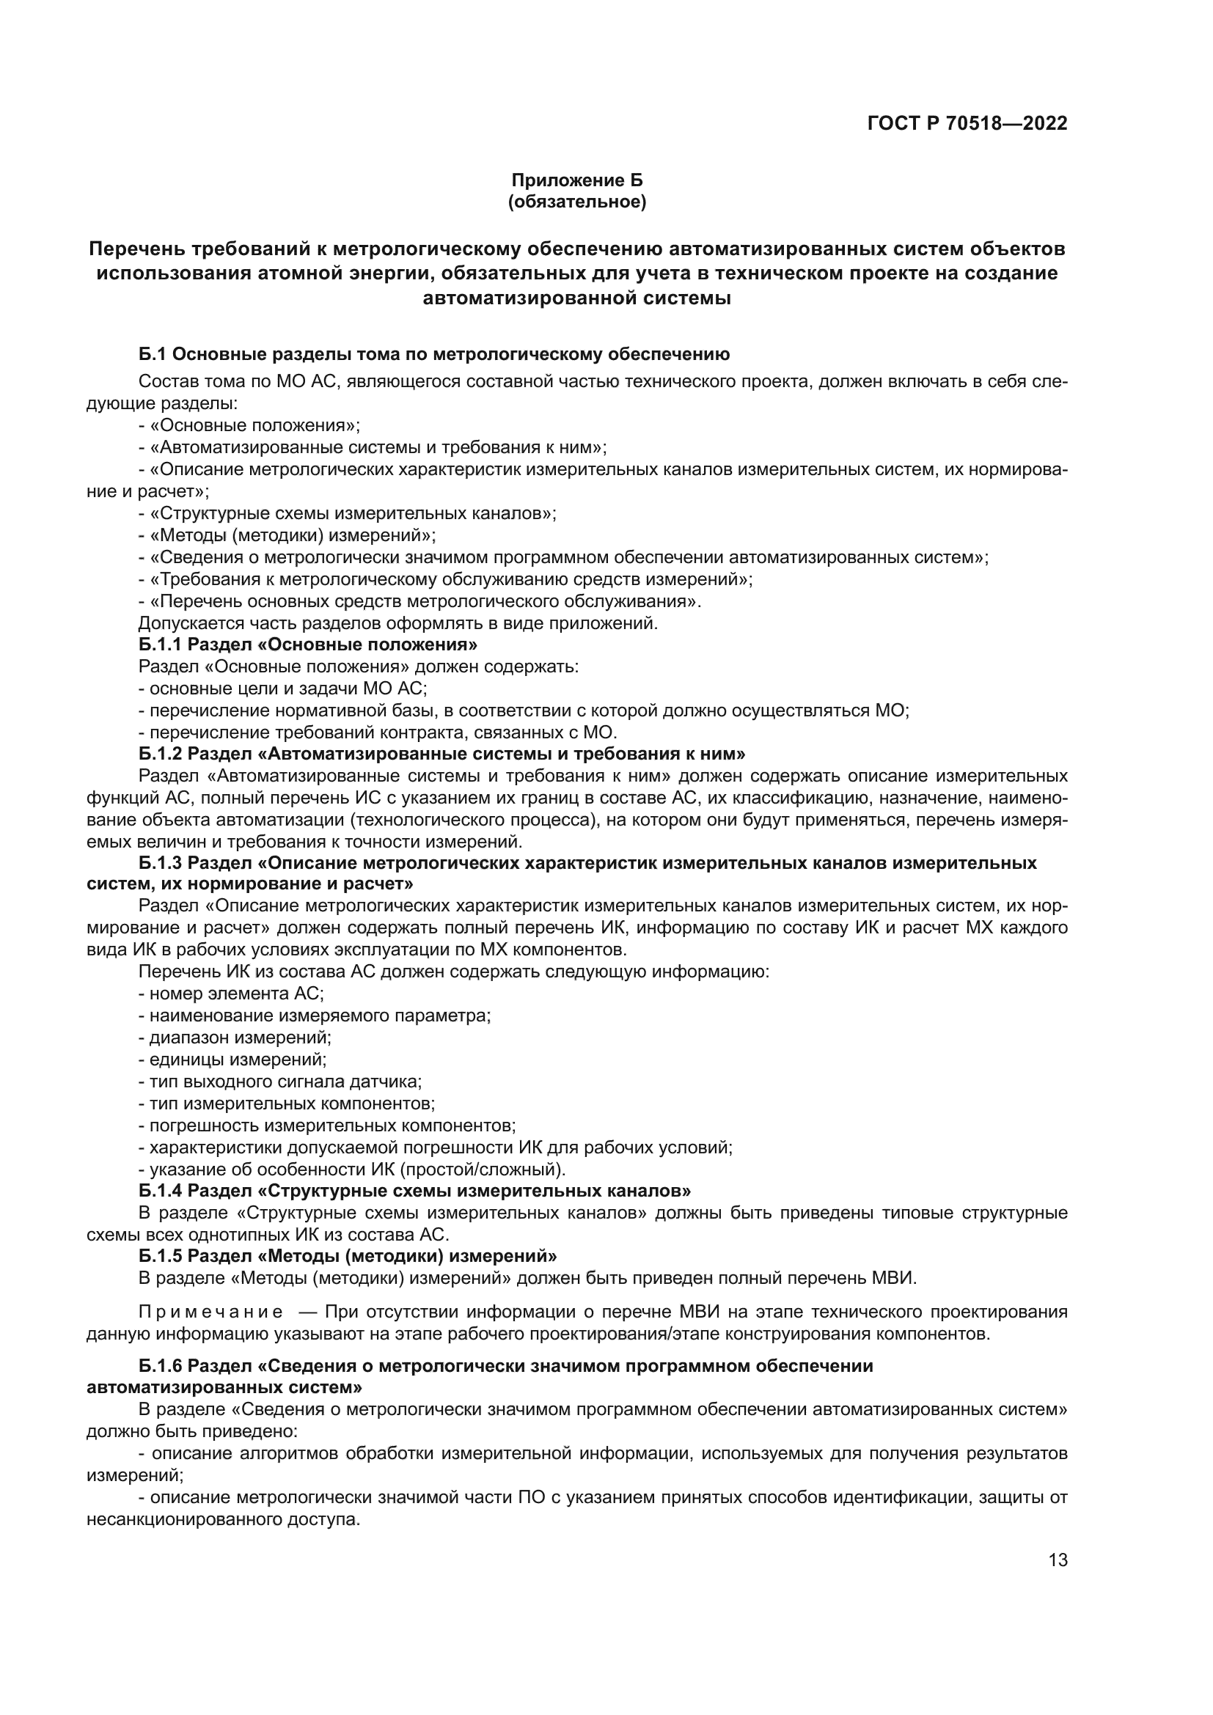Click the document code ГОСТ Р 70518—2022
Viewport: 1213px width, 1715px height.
pyautogui.click(x=967, y=123)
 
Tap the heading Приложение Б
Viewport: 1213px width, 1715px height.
pyautogui.click(x=576, y=180)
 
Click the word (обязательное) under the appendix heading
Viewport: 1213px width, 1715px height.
pyautogui.click(x=576, y=202)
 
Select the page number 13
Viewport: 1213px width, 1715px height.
pyautogui.click(x=1058, y=1559)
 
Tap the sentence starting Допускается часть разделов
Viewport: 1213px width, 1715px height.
pyautogui.click(x=397, y=623)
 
